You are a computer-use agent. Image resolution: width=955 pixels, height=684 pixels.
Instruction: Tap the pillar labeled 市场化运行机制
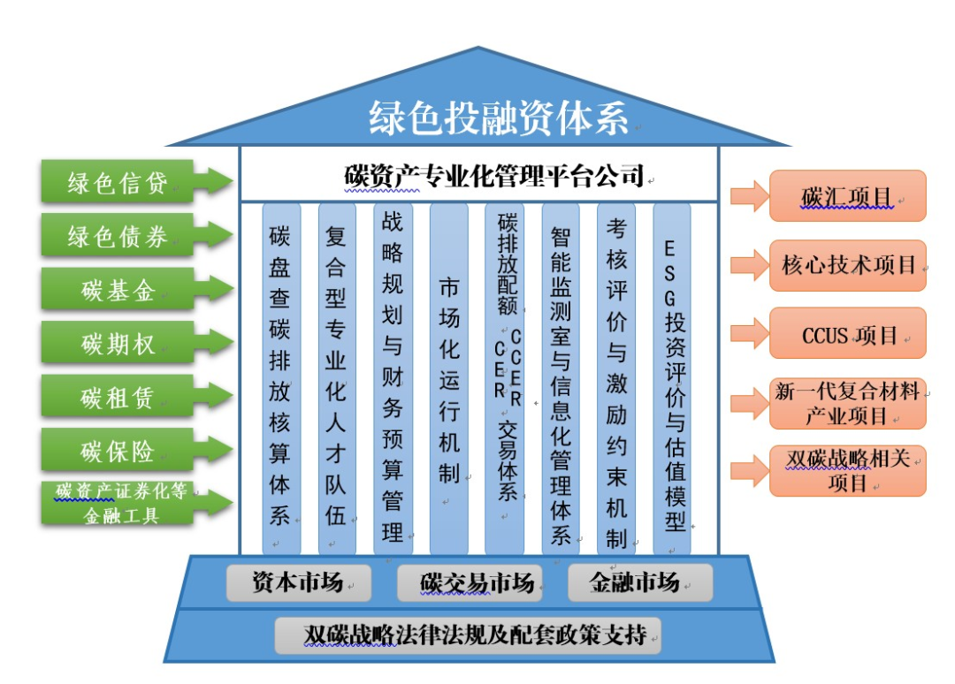coord(449,380)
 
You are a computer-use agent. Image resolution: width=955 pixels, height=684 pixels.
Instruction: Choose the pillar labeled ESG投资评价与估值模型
coord(674,380)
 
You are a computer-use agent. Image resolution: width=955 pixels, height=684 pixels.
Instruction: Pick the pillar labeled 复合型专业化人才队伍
coord(336,380)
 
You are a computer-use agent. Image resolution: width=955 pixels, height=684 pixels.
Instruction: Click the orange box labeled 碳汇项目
coord(846,195)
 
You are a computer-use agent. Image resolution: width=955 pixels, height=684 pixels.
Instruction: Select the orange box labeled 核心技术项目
coord(846,264)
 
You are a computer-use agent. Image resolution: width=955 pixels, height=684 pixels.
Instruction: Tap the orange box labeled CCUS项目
coord(846,334)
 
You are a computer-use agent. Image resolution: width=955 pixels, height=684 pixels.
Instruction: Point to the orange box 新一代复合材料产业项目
coord(846,403)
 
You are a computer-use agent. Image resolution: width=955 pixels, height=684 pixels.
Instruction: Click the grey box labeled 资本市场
coord(298,583)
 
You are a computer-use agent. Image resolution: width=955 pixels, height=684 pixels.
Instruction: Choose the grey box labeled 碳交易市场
coord(477,583)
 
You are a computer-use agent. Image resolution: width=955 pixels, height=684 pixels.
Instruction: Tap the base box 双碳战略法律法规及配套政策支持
coord(469,635)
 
